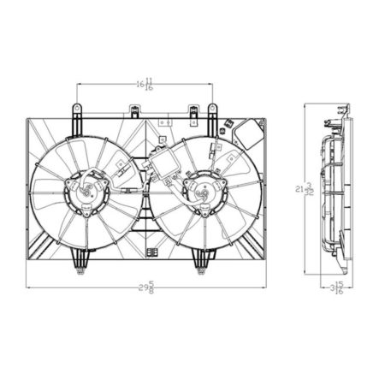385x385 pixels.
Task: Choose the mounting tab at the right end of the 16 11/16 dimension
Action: (x=213, y=112)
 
